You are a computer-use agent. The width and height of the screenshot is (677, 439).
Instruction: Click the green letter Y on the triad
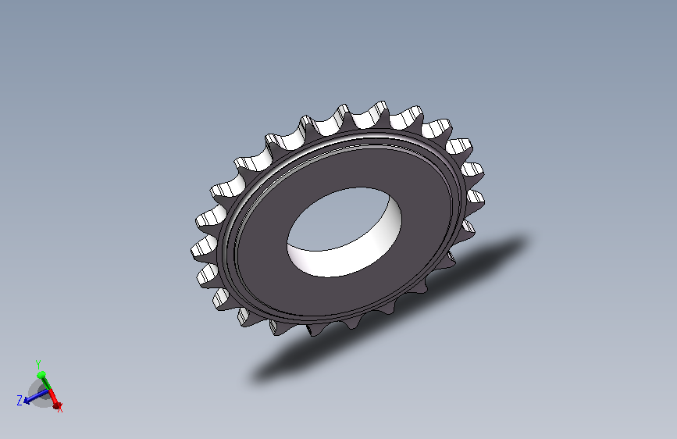point(38,364)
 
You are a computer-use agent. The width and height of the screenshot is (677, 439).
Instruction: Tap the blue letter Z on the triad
point(20,401)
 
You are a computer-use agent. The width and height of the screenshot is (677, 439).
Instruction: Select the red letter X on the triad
point(60,408)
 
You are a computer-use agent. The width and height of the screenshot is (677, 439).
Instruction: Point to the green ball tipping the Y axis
point(41,375)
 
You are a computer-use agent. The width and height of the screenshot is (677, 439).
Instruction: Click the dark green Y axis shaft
point(45,382)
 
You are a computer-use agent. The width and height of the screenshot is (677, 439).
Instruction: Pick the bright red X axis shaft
point(52,396)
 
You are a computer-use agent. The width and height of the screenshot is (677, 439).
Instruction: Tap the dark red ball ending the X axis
point(56,405)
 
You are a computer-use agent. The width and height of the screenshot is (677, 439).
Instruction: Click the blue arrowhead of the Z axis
point(27,401)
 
